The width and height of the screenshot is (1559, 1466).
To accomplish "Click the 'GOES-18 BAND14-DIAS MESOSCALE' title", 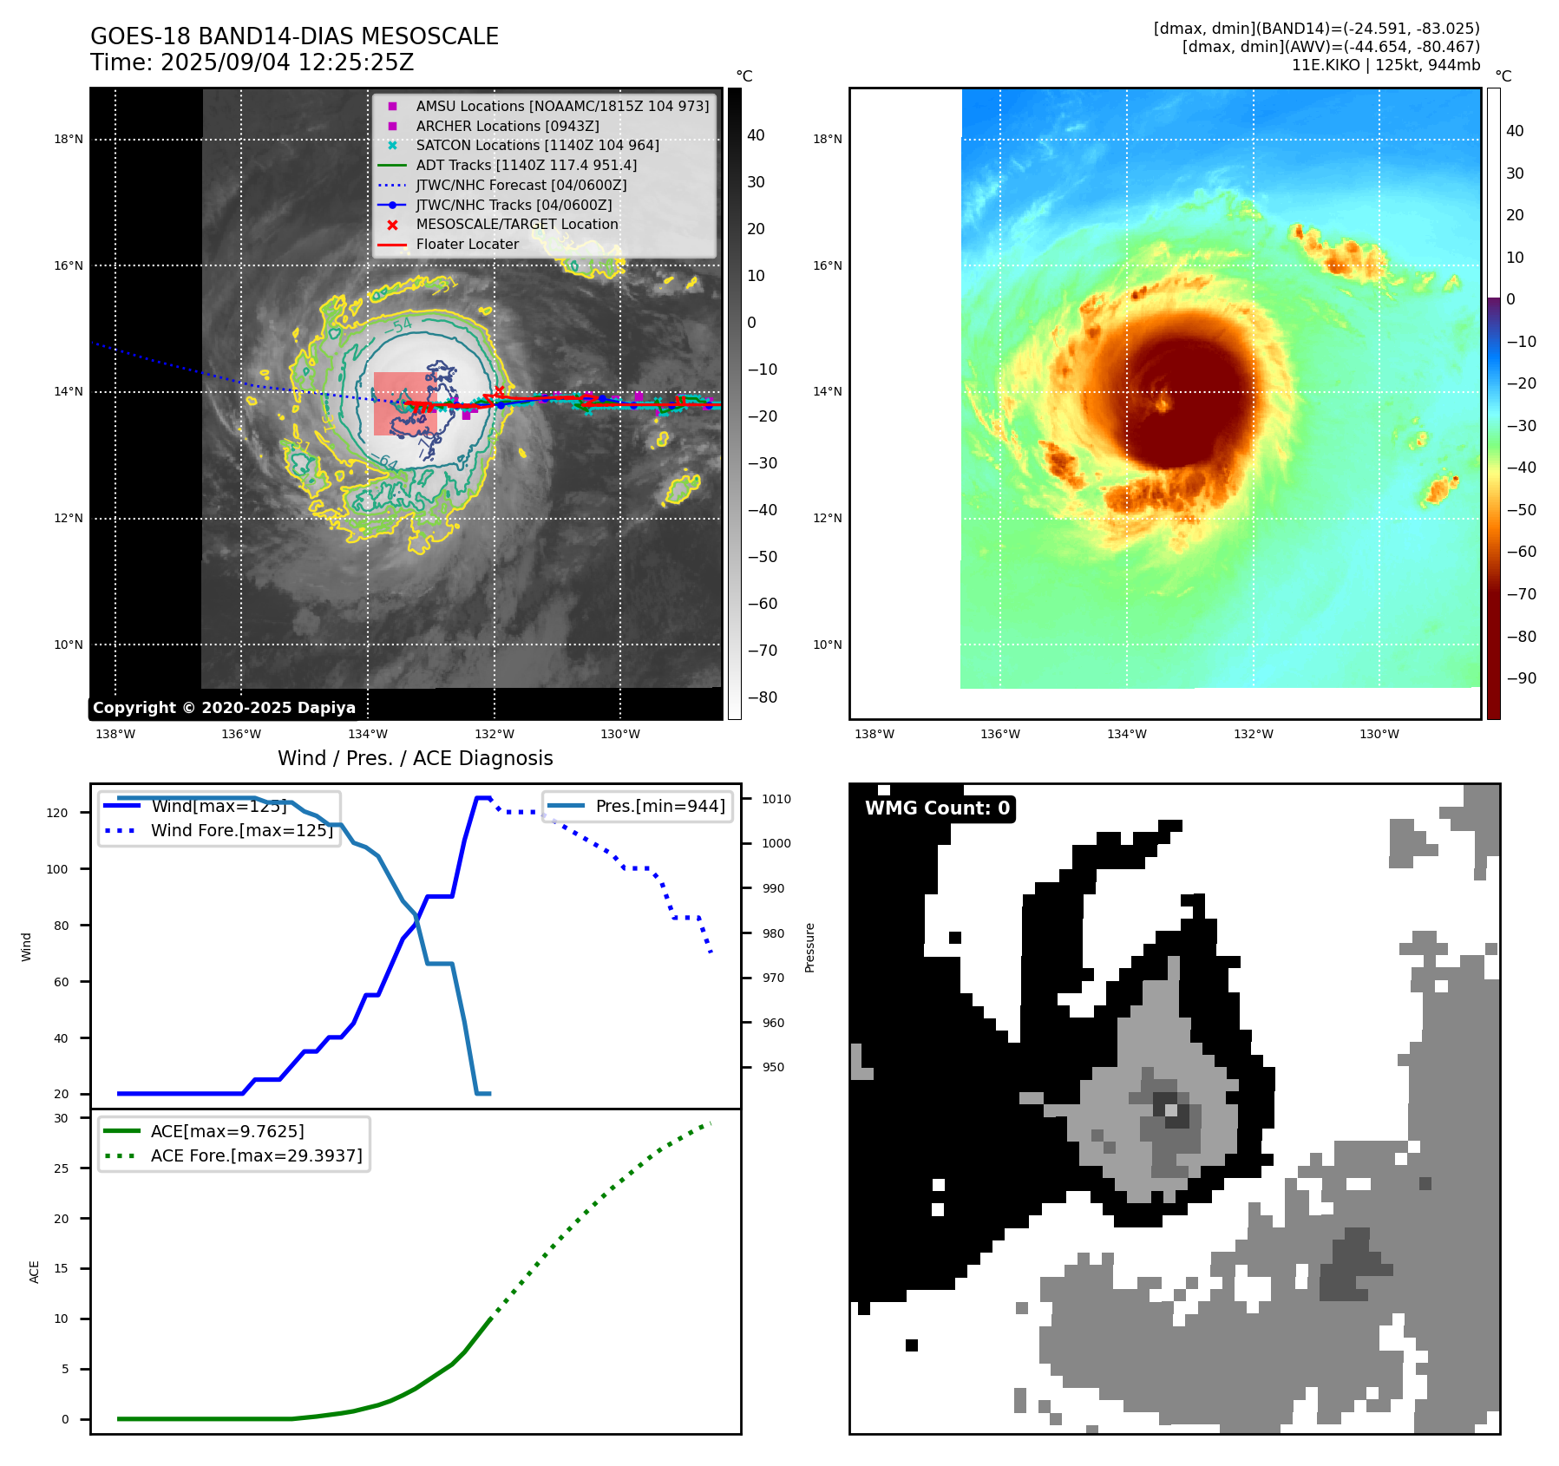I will (x=294, y=36).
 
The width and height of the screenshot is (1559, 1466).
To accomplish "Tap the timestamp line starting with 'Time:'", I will (x=252, y=62).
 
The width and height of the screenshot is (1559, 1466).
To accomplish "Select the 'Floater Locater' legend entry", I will (x=467, y=245).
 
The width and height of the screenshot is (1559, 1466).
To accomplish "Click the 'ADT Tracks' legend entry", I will (x=526, y=165).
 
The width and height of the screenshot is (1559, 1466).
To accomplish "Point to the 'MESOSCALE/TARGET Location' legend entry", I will (x=516, y=225).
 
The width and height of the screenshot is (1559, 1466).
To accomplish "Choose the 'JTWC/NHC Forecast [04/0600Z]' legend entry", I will (x=521, y=185).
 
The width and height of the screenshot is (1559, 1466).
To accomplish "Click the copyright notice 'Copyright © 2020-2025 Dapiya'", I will (x=224, y=708).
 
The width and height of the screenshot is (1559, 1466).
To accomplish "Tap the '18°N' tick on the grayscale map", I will (x=69, y=139).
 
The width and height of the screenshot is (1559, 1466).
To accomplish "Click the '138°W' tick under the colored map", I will (x=874, y=734).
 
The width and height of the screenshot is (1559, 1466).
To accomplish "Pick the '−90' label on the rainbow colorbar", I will (x=1521, y=678).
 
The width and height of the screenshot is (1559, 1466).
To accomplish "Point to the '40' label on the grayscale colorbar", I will (x=756, y=135).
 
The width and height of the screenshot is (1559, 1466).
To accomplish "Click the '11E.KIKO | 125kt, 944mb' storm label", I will (x=1385, y=65).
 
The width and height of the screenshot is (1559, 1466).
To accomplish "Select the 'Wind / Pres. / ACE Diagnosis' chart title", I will (x=415, y=758).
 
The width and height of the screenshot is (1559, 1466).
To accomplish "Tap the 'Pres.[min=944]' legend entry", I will (x=660, y=806).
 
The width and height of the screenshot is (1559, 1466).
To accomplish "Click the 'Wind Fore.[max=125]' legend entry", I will (x=241, y=830).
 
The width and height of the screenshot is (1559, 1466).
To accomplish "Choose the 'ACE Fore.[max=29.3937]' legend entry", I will (x=256, y=1155).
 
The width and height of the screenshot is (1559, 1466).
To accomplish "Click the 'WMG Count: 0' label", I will (x=937, y=808).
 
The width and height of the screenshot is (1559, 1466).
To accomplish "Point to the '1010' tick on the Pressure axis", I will (x=776, y=799).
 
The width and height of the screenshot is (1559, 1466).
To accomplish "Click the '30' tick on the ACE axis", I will (x=61, y=1118).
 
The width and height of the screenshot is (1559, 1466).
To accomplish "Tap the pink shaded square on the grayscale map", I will (x=404, y=403).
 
